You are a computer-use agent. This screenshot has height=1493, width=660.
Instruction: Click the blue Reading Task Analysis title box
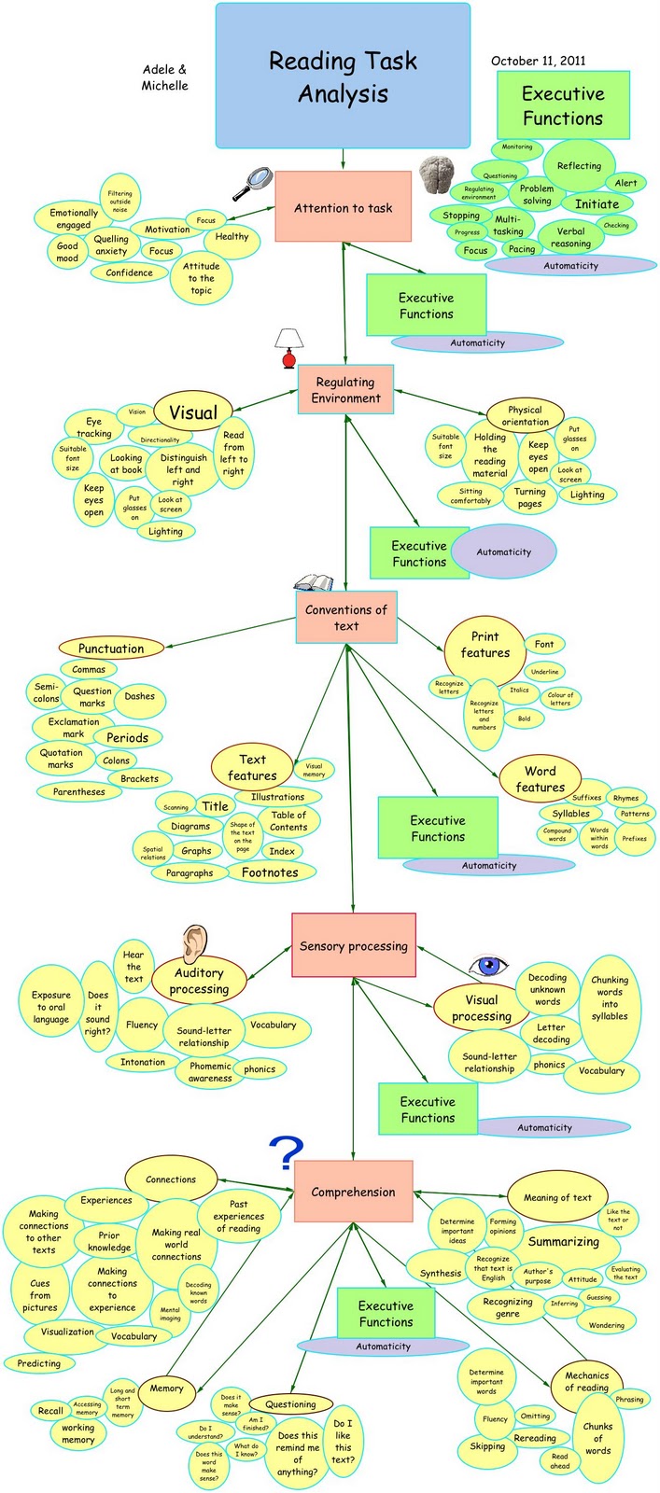pos(343,77)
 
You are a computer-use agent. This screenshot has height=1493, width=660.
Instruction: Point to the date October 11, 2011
pos(539,61)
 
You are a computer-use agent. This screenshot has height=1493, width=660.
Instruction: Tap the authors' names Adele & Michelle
pos(164,77)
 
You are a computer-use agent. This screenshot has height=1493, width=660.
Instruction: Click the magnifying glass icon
pos(251,183)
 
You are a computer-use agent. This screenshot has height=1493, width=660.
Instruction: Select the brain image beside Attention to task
pos(442,175)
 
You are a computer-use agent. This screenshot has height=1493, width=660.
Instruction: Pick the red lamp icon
pos(289,348)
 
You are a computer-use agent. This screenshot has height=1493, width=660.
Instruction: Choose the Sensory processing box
pos(353,945)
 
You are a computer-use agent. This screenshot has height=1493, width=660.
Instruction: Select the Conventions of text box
pos(346,618)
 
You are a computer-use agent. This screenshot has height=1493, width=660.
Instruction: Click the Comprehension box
pos(353,1192)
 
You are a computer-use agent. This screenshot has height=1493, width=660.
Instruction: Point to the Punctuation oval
pos(111,649)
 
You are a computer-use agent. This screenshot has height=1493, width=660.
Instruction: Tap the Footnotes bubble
pos(270,872)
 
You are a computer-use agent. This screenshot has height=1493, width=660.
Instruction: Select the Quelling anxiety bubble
pos(111,245)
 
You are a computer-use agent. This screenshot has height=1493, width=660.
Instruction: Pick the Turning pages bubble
pos(529,497)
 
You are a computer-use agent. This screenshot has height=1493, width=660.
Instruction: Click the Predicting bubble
pos(38,1363)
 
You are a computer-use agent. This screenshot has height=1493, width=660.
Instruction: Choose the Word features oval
pos(540,779)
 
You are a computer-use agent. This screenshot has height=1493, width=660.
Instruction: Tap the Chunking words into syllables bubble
pos(610,998)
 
